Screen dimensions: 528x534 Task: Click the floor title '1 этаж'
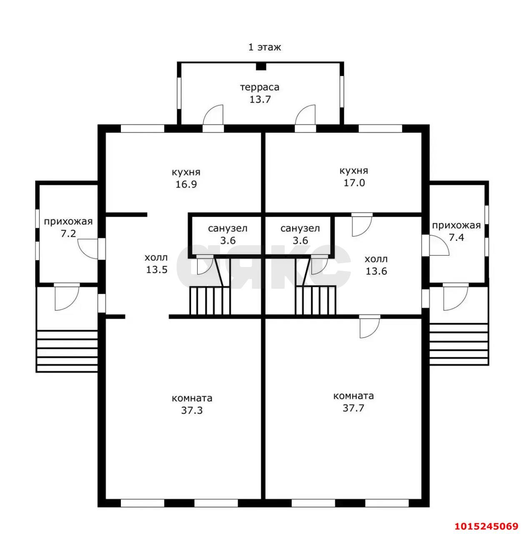(x=264, y=48)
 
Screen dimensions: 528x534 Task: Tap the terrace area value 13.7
(x=260, y=99)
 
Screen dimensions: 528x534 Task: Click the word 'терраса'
(x=260, y=87)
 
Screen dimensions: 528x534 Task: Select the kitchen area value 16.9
(x=186, y=184)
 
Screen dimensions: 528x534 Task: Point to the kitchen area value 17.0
(x=354, y=183)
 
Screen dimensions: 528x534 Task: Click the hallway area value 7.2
(x=68, y=234)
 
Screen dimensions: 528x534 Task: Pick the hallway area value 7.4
(x=456, y=237)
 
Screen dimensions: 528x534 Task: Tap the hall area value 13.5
(x=157, y=270)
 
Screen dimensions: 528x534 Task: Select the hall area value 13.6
(x=376, y=271)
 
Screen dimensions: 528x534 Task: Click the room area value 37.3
(x=192, y=410)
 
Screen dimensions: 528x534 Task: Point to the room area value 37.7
(x=353, y=408)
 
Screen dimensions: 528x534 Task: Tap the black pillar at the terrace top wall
(x=260, y=66)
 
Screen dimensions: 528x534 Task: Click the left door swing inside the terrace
(x=213, y=115)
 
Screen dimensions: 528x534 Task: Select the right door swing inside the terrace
(x=305, y=115)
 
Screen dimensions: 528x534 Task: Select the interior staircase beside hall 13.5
(x=210, y=300)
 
